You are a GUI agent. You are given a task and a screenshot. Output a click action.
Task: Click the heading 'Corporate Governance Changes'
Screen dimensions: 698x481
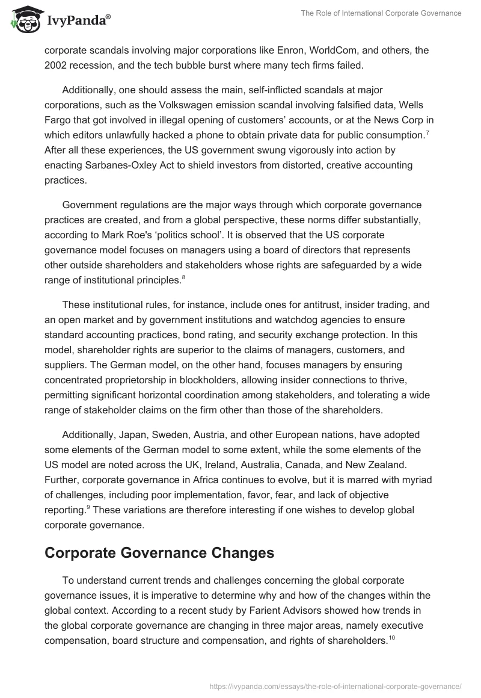159,553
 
